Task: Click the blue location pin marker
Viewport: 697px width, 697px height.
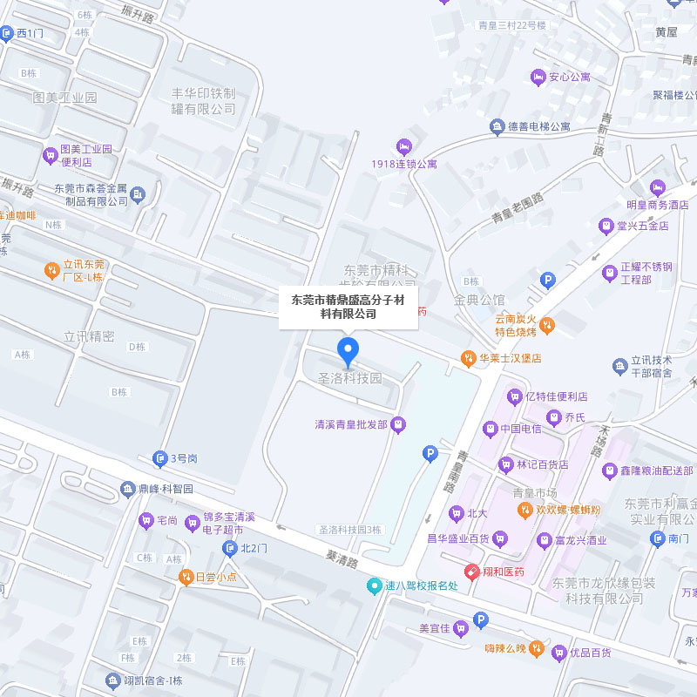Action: pos(348,351)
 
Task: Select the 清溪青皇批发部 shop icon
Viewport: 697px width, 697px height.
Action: pos(398,424)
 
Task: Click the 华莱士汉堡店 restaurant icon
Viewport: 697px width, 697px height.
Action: pos(469,358)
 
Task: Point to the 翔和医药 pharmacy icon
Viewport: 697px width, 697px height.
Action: pos(471,572)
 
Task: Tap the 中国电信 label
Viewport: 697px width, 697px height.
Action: pos(520,429)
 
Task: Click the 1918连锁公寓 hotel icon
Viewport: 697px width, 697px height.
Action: pos(403,145)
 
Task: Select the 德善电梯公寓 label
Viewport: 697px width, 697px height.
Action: pos(540,126)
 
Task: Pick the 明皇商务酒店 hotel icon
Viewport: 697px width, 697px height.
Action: pos(658,187)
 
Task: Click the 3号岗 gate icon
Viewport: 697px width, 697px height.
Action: pos(160,457)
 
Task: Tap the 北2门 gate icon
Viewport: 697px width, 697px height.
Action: pos(230,548)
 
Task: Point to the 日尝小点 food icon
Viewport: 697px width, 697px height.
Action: pos(185,577)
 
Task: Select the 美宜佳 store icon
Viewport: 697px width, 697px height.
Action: pos(460,628)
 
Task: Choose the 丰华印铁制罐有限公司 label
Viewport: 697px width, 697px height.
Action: pos(204,101)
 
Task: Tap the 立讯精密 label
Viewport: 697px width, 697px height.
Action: pos(90,336)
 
